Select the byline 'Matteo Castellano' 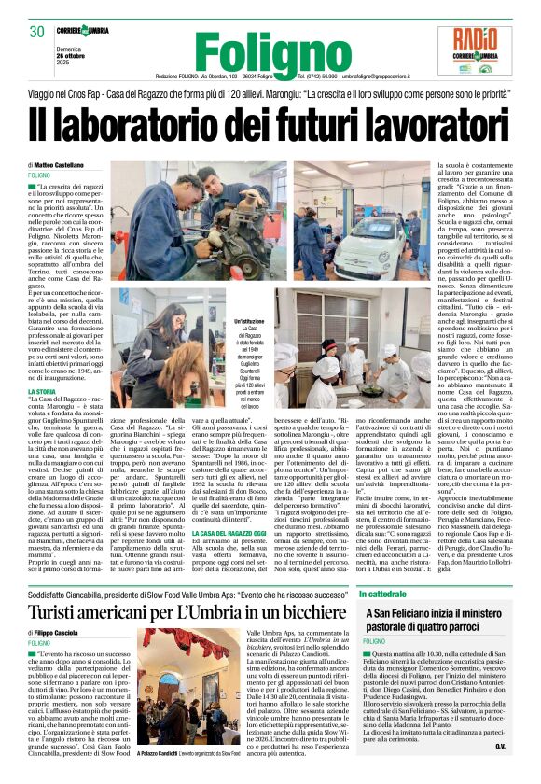coord(62,165)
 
